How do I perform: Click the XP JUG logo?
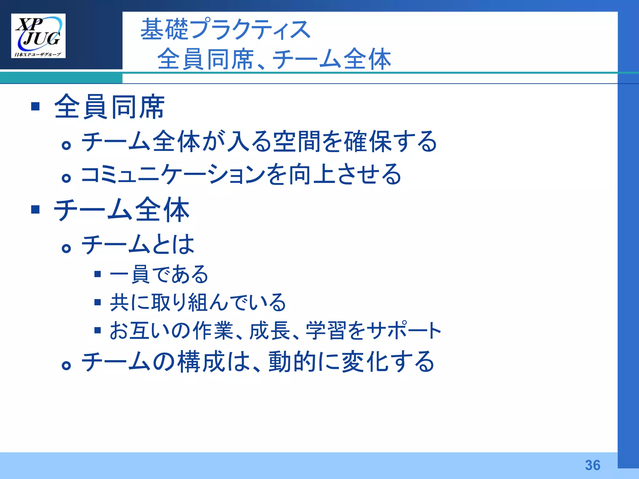pos(38,36)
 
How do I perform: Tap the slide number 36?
pos(593,465)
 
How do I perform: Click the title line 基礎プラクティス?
pos(225,29)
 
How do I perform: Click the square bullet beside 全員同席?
pos(36,106)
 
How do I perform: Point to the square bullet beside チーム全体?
pos(36,209)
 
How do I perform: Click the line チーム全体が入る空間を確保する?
pos(259,142)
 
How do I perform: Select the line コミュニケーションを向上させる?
pos(241,175)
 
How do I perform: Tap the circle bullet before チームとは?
pos(66,248)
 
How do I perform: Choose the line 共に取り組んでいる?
pos(198,302)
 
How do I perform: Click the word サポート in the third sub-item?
pos(404,330)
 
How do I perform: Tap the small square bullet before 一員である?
pos(98,274)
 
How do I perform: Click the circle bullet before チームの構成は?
pos(66,365)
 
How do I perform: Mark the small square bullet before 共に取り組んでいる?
pos(98,302)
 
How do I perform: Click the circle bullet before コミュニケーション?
pos(66,178)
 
